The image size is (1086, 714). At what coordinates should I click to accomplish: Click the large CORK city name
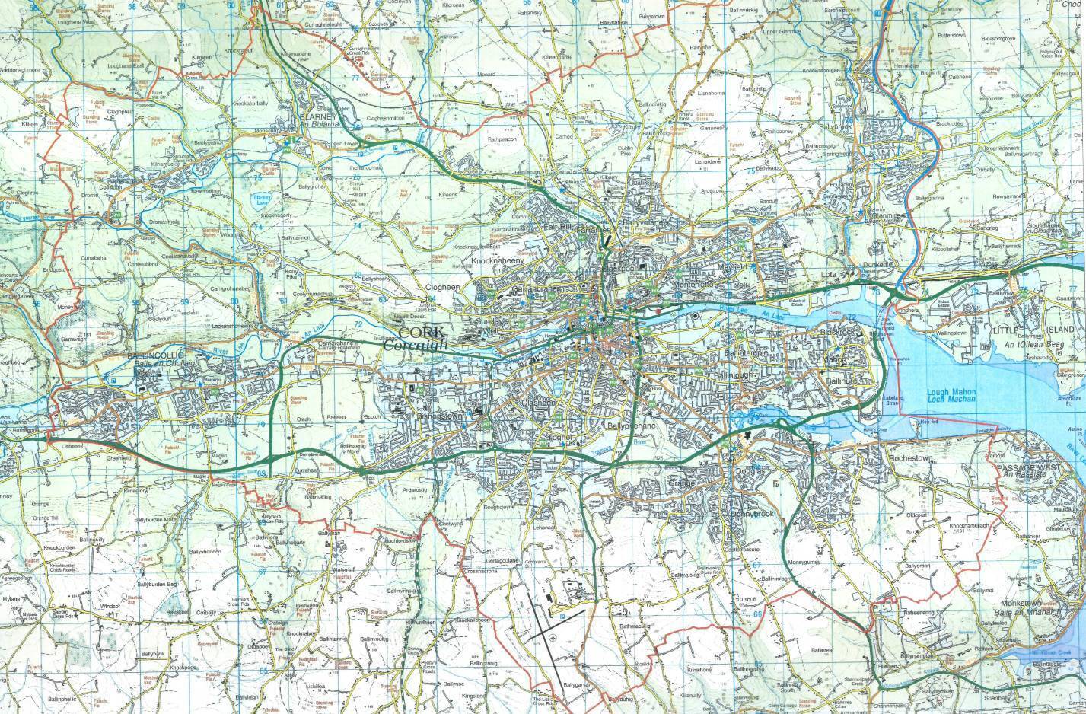(x=420, y=333)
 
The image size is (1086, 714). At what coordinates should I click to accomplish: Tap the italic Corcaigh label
(x=416, y=346)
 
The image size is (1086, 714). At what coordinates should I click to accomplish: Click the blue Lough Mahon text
(x=950, y=394)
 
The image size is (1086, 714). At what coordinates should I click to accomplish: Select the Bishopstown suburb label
(x=435, y=416)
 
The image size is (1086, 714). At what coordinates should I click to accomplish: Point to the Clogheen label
(x=442, y=288)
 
